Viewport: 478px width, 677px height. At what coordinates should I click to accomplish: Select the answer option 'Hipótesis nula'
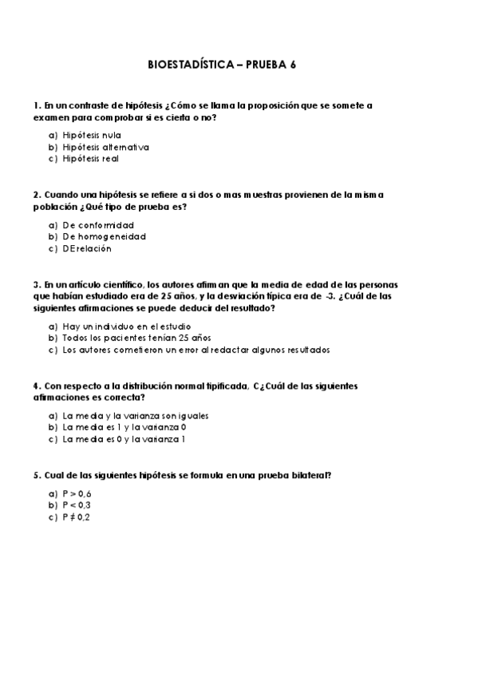[x=92, y=135]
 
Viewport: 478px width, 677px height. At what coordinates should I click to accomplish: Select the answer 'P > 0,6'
[x=77, y=493]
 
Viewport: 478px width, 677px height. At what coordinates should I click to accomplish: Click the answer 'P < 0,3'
[x=77, y=505]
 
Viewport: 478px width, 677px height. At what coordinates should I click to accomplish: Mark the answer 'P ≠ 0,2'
[x=77, y=517]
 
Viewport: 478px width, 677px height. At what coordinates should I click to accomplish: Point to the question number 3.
[x=37, y=283]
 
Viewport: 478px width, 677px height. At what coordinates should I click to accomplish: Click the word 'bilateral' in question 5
[x=307, y=475]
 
